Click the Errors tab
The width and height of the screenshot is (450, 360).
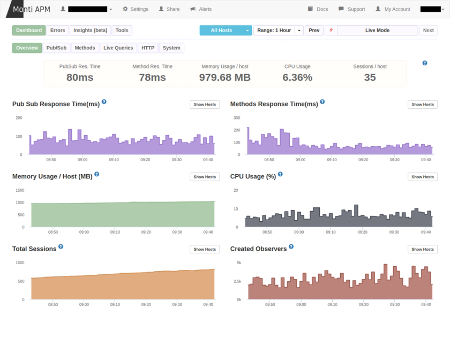pos(58,31)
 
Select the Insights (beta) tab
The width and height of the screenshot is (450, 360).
pos(90,31)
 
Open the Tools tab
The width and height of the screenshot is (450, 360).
pos(122,31)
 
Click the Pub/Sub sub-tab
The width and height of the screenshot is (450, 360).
pos(56,48)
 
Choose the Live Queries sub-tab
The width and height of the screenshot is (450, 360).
pos(118,48)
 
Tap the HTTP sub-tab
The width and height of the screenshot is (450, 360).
pos(148,48)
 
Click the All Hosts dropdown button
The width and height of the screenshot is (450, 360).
pos(221,31)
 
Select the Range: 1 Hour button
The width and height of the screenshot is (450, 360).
pos(274,31)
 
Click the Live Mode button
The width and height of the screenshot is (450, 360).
pos(377,31)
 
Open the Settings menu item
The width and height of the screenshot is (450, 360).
pos(136,9)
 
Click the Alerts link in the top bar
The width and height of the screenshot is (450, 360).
pos(201,9)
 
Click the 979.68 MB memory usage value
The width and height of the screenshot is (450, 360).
pos(224,78)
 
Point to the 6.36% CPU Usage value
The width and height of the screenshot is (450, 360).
pos(297,78)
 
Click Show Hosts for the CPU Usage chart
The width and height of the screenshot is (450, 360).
pos(422,177)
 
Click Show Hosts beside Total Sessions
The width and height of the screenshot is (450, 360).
pos(205,249)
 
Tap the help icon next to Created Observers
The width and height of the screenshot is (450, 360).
pos(291,247)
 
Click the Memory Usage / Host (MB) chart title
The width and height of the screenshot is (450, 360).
pos(52,176)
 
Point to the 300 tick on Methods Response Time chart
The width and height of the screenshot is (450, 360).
pos(236,118)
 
